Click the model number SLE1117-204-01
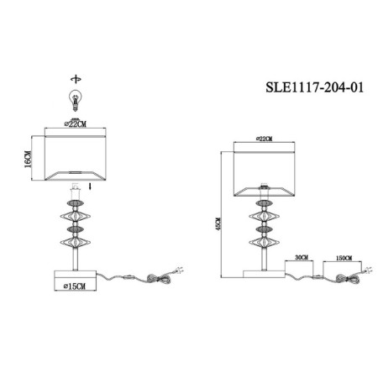314,87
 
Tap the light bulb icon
75,100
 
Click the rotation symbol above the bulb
76,79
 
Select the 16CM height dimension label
28,159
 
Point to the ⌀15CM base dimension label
75,286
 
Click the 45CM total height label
218,223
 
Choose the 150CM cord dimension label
344,258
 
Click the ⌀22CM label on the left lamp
75,123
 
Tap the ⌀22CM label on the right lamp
264,139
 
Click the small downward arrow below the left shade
90,186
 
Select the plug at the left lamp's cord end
179,270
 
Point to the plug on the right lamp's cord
368,270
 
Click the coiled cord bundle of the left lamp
159,279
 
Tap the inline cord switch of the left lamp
129,277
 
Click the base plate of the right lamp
264,274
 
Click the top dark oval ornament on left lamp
75,204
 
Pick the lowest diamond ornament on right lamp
264,242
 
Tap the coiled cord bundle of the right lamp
348,279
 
